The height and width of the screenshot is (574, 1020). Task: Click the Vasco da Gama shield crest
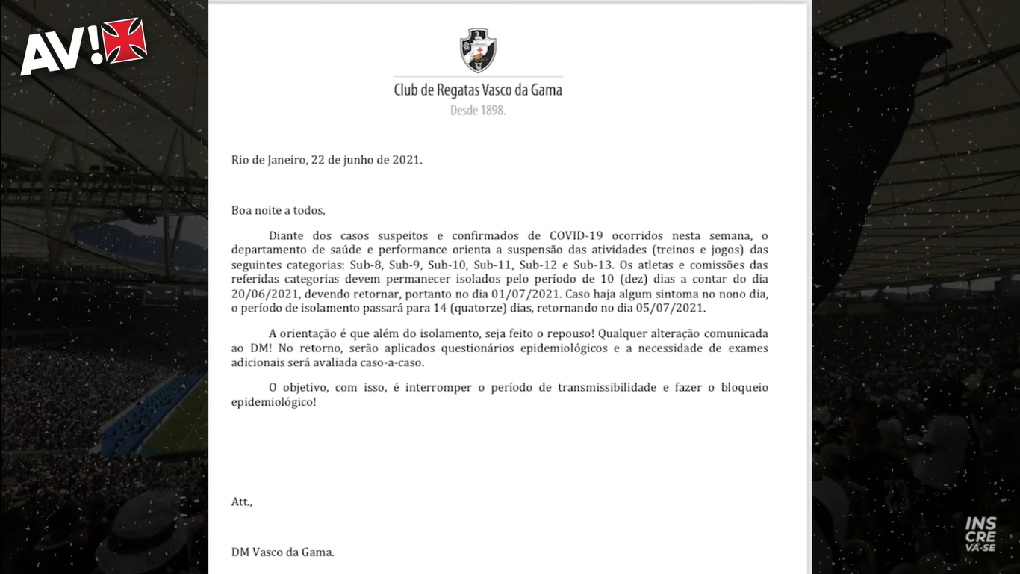click(478, 50)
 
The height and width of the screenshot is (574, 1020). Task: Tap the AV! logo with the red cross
click(83, 46)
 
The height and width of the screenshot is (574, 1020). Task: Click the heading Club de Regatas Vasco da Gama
click(478, 90)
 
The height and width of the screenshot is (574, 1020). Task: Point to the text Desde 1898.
click(478, 110)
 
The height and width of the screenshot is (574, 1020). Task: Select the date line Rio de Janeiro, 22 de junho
click(326, 160)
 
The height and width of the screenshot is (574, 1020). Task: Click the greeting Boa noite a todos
click(278, 210)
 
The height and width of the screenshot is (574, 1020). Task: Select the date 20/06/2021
click(260, 294)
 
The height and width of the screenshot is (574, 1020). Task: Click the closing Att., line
click(242, 502)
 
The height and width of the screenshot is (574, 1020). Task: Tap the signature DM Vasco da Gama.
click(283, 552)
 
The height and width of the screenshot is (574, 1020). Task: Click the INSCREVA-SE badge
click(980, 534)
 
